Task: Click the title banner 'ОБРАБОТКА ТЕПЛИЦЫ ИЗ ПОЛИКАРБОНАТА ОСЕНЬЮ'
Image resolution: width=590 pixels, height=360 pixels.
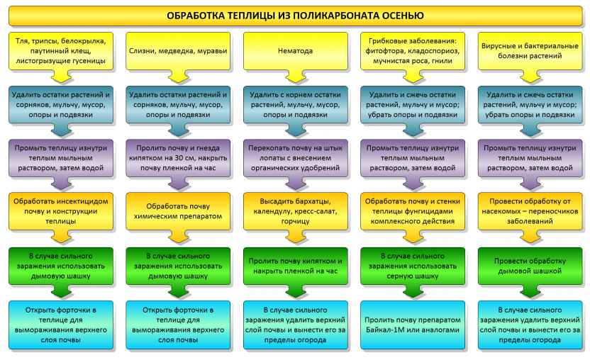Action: click(x=295, y=16)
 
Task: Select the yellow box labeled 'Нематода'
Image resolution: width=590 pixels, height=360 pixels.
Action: click(x=296, y=51)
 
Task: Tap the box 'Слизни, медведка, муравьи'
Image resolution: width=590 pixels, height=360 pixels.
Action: click(x=178, y=51)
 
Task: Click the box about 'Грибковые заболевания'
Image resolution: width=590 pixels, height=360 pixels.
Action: click(x=413, y=51)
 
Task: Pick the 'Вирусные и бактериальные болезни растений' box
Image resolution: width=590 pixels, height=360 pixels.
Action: click(x=530, y=51)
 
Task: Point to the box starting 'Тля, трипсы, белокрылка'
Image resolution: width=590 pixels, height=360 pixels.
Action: click(x=60, y=51)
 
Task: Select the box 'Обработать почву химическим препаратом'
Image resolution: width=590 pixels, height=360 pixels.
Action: click(x=178, y=211)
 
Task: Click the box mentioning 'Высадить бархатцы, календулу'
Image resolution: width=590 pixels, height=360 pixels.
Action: click(x=296, y=211)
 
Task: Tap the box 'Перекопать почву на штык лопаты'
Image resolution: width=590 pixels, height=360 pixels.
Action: click(x=296, y=158)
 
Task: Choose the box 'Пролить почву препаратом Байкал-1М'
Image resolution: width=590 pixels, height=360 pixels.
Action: click(x=413, y=325)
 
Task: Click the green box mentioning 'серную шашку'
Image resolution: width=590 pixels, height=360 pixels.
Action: click(x=413, y=266)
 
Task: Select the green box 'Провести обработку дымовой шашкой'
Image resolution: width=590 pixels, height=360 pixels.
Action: click(x=530, y=266)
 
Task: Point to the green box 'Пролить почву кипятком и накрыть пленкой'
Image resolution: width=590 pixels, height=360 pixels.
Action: click(x=296, y=266)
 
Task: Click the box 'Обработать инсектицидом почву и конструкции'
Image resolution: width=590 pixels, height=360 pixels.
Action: click(x=60, y=211)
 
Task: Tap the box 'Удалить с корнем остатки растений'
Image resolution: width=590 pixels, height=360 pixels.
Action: click(x=296, y=105)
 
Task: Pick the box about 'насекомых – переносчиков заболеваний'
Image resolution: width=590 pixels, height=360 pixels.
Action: click(x=530, y=211)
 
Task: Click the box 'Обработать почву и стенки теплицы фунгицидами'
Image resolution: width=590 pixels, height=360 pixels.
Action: click(x=413, y=211)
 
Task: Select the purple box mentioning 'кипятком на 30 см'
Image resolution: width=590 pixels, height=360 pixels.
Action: click(x=178, y=158)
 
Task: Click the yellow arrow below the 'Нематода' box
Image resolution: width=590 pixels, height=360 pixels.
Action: click(x=296, y=77)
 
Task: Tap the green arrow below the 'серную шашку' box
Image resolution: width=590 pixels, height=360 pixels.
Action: click(x=413, y=291)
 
